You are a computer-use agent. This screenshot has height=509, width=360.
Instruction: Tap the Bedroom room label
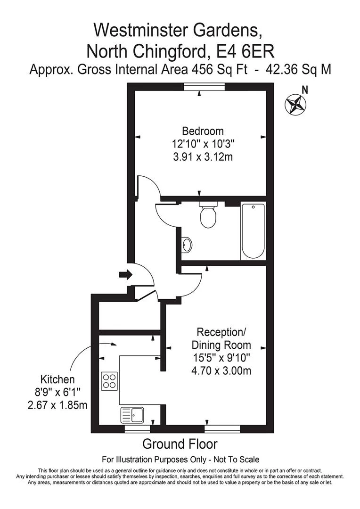[203, 131]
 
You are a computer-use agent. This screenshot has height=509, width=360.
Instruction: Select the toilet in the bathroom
[208, 215]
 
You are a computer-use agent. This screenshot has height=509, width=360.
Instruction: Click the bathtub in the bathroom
[253, 231]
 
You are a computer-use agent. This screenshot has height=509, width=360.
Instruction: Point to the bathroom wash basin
[187, 245]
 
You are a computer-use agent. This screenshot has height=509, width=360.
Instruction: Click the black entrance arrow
[126, 275]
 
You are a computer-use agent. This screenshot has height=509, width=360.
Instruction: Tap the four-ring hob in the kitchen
[109, 381]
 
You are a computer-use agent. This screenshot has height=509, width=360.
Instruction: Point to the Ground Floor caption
[180, 444]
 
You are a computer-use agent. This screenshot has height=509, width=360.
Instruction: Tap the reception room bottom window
[222, 429]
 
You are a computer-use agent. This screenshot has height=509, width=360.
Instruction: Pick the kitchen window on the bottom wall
[138, 429]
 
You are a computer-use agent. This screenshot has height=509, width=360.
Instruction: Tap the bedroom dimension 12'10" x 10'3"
[203, 143]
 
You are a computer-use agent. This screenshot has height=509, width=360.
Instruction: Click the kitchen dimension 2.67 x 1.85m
[57, 405]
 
